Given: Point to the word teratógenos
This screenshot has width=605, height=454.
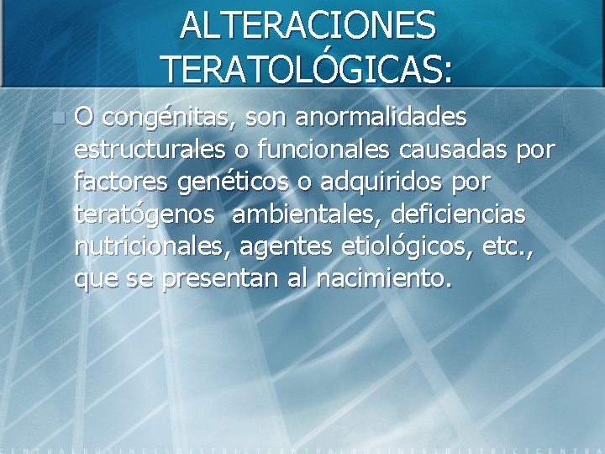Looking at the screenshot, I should coord(145,214).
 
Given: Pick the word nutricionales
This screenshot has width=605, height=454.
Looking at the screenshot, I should coord(154,245).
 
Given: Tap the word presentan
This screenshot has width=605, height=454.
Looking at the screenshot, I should coord(218,279).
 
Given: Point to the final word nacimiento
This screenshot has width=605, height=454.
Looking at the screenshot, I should coord(383,277).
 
